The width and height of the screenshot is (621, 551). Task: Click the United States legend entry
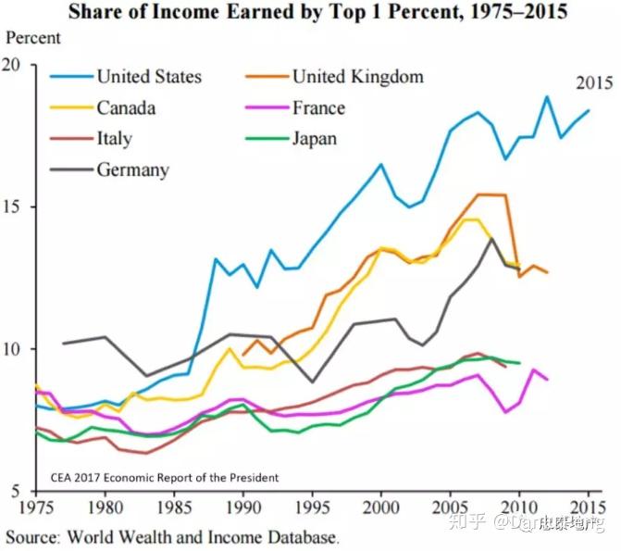(x=148, y=76)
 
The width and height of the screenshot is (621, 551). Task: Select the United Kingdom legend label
(x=357, y=76)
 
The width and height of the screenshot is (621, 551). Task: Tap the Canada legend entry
(x=126, y=107)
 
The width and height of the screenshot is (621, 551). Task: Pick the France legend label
(x=318, y=107)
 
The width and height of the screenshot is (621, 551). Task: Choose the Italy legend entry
(x=114, y=139)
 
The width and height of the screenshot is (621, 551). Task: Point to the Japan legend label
(x=315, y=139)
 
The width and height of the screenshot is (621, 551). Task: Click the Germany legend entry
(x=132, y=169)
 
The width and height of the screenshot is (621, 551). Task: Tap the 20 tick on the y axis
(x=12, y=65)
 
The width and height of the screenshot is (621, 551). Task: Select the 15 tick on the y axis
(x=12, y=207)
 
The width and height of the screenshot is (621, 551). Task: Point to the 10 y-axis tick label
(x=12, y=349)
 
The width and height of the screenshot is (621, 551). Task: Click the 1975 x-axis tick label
(x=35, y=508)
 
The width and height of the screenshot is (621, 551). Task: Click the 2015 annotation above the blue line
(x=594, y=83)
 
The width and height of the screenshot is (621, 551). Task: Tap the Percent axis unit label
(x=33, y=38)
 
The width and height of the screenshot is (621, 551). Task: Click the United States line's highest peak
(x=546, y=96)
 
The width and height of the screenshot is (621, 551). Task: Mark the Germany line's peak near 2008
(x=491, y=239)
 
